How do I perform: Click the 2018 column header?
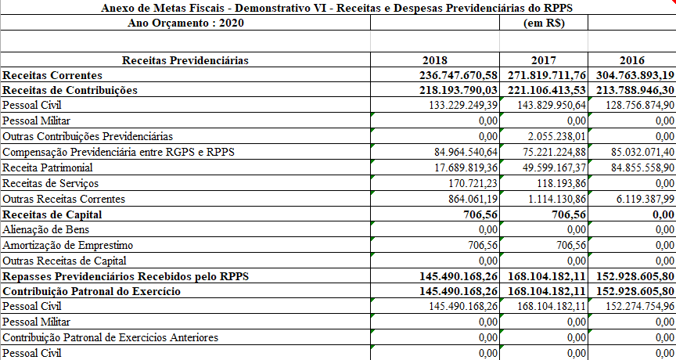[434, 60]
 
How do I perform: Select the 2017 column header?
[544, 60]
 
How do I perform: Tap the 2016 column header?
[631, 60]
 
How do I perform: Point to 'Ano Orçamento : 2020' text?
[185, 23]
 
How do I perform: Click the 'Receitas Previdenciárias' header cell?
[185, 60]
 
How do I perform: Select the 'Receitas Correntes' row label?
[52, 75]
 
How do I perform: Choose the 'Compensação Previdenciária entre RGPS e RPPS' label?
[119, 152]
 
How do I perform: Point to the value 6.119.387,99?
[642, 199]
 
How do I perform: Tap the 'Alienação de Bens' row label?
[46, 229]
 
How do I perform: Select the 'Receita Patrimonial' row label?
[48, 167]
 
